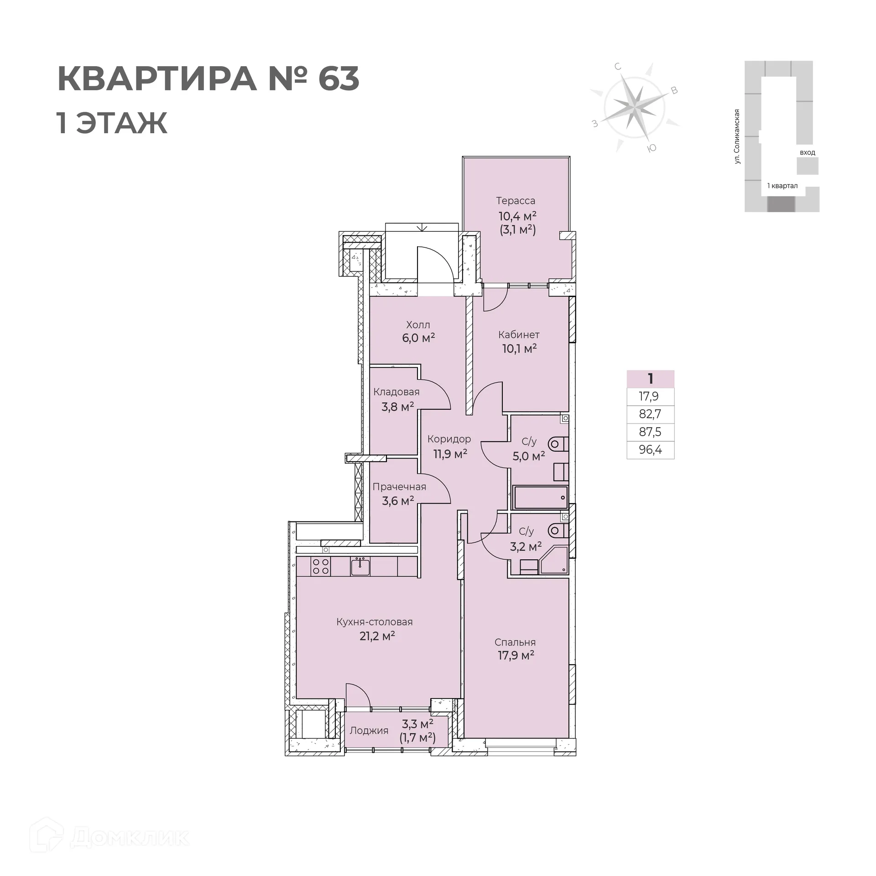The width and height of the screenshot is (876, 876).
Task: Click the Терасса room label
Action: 516,201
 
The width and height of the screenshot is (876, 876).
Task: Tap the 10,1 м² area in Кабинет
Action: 519,349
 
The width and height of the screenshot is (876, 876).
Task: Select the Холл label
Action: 418,325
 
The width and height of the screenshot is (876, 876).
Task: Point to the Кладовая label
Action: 396,392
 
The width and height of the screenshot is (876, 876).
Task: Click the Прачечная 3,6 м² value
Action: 398,501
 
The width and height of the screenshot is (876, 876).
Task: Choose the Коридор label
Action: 449,439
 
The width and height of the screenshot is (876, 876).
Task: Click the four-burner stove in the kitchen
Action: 320,566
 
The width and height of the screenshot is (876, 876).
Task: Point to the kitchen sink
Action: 360,566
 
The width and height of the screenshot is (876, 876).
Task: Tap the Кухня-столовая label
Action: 374,622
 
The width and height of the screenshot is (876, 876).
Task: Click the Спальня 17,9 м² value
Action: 516,656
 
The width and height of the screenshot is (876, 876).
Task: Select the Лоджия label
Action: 369,730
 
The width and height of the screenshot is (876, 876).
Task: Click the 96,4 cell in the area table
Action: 650,450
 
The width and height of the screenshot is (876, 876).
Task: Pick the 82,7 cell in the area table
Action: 650,414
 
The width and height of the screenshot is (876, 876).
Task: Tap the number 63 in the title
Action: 339,79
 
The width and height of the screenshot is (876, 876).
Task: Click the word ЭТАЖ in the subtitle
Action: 122,123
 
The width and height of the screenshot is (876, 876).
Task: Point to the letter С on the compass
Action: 618,67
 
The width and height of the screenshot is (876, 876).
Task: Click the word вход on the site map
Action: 807,152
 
